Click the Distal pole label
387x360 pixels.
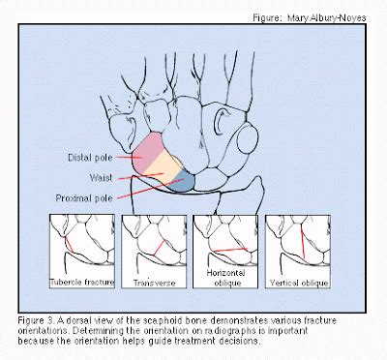click(x=94, y=157)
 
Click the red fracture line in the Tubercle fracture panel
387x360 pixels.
click(x=70, y=249)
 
